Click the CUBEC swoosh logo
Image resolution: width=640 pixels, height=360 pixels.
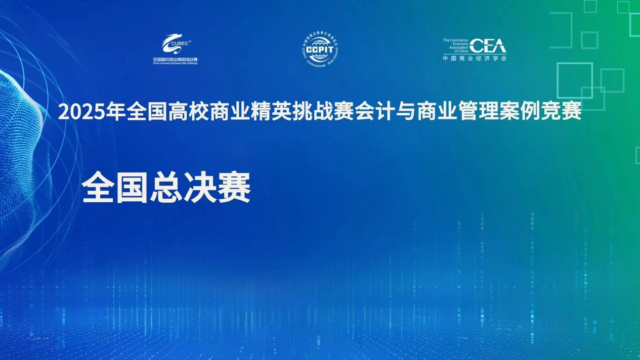pos(175,44)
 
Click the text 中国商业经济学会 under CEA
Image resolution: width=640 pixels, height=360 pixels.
pos(474,58)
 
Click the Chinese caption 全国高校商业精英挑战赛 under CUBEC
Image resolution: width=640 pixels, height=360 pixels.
pos(175,60)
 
